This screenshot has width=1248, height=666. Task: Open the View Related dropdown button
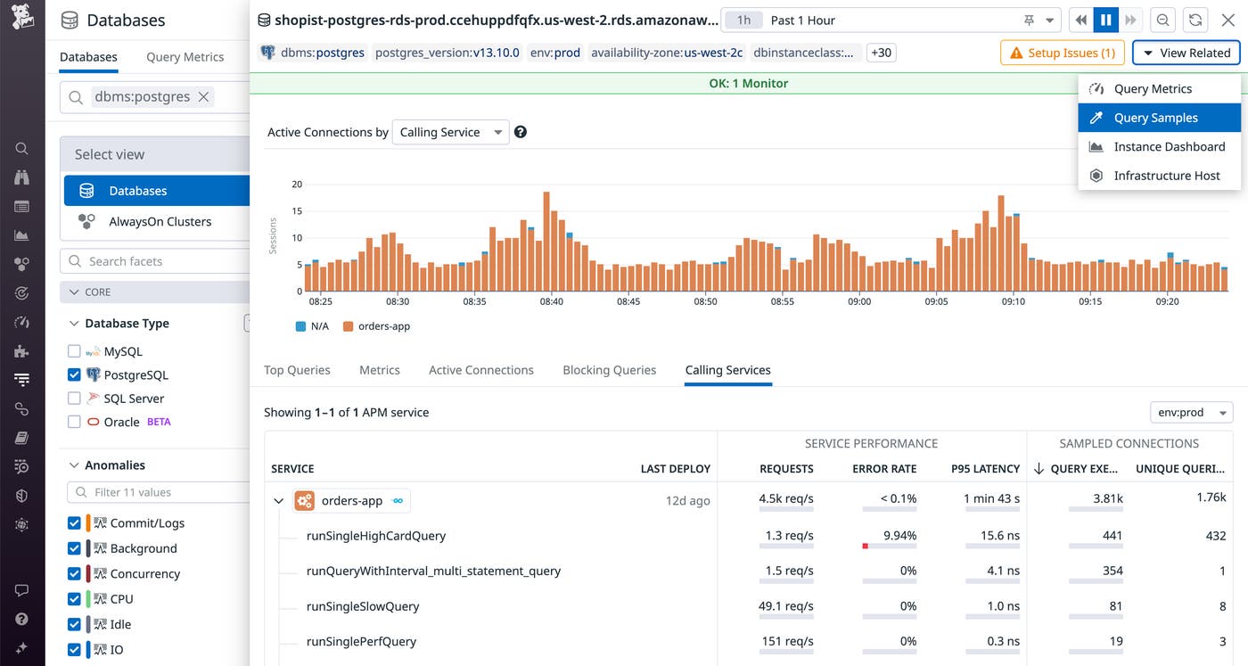1186,53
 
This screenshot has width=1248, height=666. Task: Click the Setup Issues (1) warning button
1062,53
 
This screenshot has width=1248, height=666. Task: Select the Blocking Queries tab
609,370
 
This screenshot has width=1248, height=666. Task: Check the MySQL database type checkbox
75,351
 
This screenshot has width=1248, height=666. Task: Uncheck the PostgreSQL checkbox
75,375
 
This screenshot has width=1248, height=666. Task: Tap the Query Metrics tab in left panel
185,57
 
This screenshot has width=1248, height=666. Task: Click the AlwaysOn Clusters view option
160,222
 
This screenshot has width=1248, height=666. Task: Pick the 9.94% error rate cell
899,536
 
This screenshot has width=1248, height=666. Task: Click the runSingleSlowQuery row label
362,606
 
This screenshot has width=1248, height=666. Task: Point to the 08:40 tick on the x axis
552,301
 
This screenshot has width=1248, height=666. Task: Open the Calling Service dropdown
450,132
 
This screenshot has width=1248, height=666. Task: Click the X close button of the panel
1227,21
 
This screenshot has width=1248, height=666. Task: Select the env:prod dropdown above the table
1191,413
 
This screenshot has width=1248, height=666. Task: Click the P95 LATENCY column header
985,469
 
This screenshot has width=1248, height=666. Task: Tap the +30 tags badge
881,53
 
